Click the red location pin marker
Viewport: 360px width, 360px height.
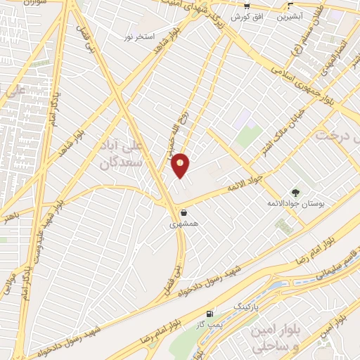tap(181, 166)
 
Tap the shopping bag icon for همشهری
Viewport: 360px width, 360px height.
tap(184, 212)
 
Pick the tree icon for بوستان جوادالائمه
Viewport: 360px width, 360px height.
tap(295, 192)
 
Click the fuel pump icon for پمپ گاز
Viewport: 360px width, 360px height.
tap(209, 314)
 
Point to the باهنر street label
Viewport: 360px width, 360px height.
tap(9, 217)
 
